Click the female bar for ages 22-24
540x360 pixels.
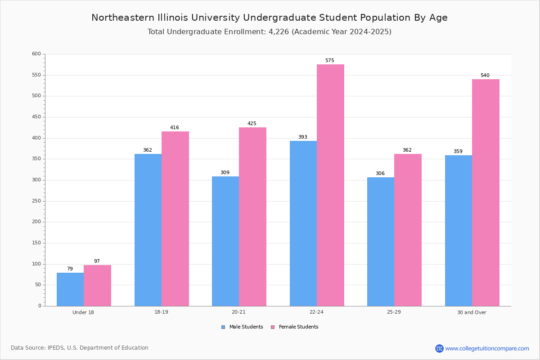click(x=330, y=185)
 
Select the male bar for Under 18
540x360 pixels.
click(x=70, y=289)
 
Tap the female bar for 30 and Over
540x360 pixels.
click(x=486, y=193)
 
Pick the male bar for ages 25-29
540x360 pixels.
click(x=381, y=242)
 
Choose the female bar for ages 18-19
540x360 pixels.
click(x=175, y=219)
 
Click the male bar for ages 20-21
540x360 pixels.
click(x=225, y=241)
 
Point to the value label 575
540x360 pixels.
click(x=329, y=60)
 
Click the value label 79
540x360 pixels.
click(x=70, y=269)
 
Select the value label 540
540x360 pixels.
click(x=485, y=75)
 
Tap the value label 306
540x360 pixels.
click(x=380, y=173)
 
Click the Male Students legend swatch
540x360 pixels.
click(x=223, y=327)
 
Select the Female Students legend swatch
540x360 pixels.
click(x=273, y=327)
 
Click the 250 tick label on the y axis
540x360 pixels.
click(x=36, y=201)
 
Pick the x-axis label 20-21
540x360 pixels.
click(x=238, y=312)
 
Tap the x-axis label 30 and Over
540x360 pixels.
click(x=472, y=312)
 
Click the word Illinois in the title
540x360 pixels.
click(x=173, y=18)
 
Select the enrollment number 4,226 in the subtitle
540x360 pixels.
click(x=279, y=32)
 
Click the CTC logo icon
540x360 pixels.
click(x=439, y=348)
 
